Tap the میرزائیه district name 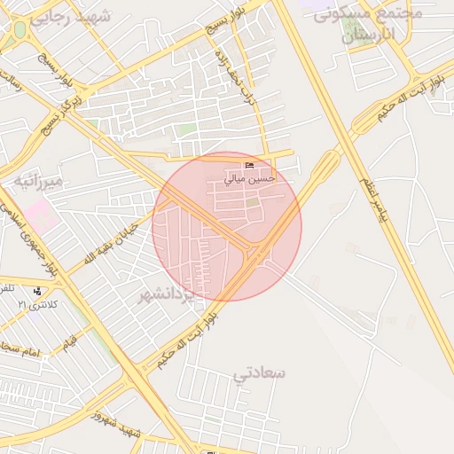tap(38, 184)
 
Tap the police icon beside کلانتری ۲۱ tap(37, 291)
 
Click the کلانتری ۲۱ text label tap(35, 304)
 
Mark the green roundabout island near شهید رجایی tap(19, 31)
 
